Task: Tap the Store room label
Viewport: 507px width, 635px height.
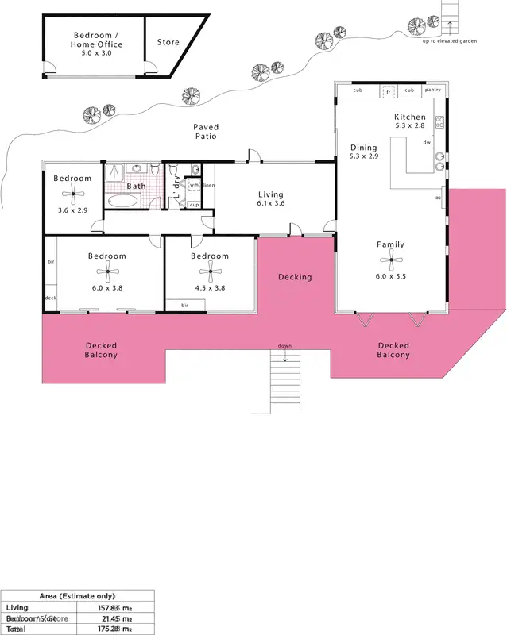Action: point(168,43)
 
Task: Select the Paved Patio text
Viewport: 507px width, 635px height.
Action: point(205,132)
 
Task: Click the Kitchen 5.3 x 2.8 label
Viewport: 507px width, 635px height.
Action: point(410,121)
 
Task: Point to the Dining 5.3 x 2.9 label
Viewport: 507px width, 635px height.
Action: point(363,152)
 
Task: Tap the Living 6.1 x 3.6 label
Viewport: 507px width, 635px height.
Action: point(270,199)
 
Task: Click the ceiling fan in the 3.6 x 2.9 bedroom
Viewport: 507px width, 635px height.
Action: point(72,193)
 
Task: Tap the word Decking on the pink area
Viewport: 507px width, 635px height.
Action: point(294,277)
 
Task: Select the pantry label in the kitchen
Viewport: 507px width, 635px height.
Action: point(432,90)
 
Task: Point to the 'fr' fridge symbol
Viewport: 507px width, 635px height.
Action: point(389,91)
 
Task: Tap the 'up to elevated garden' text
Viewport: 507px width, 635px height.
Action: point(450,41)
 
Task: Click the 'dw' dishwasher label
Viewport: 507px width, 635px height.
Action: point(428,143)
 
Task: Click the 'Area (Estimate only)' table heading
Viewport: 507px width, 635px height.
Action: point(77,595)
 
